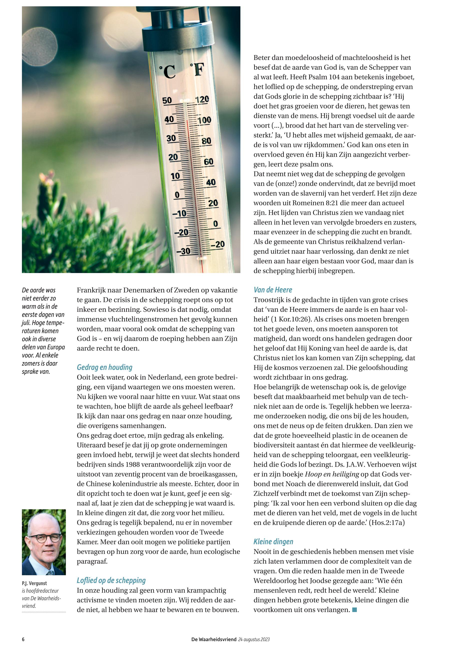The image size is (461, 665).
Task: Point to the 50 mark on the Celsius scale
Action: pos(167,100)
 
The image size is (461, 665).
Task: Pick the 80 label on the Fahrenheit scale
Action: pos(206,141)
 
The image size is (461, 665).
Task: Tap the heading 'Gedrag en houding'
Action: pos(104,367)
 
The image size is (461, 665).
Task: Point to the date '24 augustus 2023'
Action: pos(254,639)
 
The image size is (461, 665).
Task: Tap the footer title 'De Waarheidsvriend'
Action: pos(214,639)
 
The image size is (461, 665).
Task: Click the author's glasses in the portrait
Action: pos(45,538)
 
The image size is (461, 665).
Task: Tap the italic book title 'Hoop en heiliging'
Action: pos(332,474)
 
